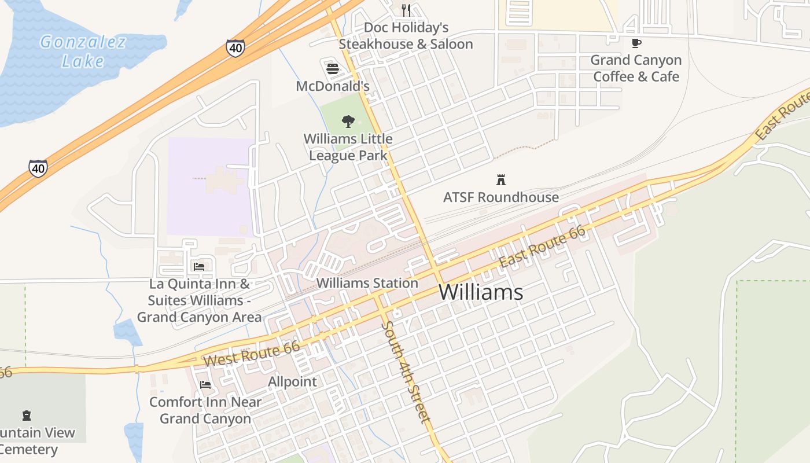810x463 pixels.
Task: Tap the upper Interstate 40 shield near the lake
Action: (x=235, y=47)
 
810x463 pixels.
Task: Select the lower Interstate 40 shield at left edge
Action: (x=38, y=168)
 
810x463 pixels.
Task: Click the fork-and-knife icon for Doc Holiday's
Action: (x=406, y=10)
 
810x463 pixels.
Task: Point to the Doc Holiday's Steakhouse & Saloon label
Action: (x=406, y=36)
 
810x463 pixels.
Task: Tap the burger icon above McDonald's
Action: (x=332, y=69)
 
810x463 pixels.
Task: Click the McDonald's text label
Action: (x=332, y=86)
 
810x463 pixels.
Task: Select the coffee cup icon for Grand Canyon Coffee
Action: (x=636, y=43)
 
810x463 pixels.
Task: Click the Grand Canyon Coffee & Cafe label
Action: (x=636, y=68)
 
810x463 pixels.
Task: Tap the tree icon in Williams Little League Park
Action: (x=348, y=121)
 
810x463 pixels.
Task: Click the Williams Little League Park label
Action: (x=348, y=147)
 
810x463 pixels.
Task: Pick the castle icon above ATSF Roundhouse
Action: (x=501, y=179)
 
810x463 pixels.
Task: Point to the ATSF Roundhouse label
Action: (x=501, y=197)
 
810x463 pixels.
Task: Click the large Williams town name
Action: (x=481, y=292)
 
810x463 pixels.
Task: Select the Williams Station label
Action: (x=367, y=283)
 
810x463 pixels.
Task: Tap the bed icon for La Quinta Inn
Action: (x=199, y=266)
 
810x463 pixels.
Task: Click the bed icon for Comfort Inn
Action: (x=205, y=384)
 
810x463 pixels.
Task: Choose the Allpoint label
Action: (x=292, y=382)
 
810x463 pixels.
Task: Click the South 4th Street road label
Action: (x=406, y=373)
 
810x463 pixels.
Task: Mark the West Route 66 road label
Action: (x=252, y=353)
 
